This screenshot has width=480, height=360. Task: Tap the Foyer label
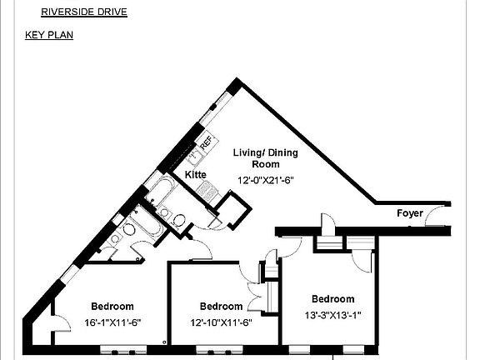coord(410,213)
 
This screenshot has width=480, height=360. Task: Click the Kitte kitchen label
coord(195,175)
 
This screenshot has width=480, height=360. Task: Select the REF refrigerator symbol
coord(205,144)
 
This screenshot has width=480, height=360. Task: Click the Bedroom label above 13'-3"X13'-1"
coord(332,299)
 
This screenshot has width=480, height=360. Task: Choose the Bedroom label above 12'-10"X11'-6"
coord(221,306)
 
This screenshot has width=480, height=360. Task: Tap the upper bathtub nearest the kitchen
coord(159,191)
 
